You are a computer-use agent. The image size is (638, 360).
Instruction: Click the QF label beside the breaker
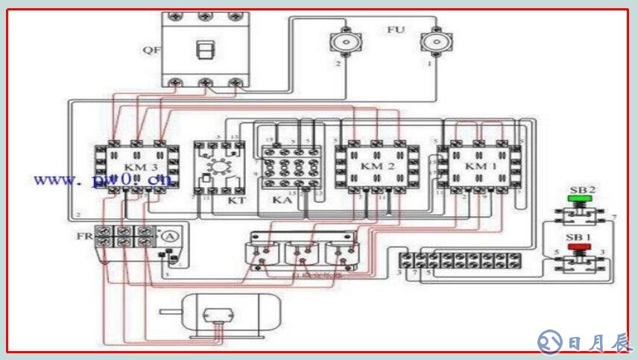(151, 51)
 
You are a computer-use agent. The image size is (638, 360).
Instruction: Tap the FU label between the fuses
(396, 30)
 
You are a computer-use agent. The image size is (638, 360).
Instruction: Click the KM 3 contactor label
(136, 166)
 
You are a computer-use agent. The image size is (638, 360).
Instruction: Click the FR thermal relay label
(83, 236)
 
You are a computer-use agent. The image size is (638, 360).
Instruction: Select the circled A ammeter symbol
(171, 236)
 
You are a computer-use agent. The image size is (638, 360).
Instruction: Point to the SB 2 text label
(581, 190)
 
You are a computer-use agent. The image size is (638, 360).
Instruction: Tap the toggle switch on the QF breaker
(204, 49)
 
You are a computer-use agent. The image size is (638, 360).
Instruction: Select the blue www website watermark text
(103, 180)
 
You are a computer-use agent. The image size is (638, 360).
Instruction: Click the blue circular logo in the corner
(550, 341)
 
